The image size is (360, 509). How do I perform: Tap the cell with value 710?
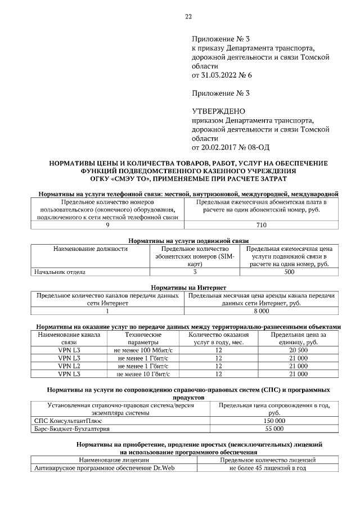(x=264, y=224)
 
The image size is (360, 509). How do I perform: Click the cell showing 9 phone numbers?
(x=107, y=224)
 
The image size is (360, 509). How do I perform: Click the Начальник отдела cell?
(x=60, y=272)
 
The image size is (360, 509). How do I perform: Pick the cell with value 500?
(x=289, y=272)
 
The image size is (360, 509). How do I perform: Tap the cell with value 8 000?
(x=262, y=310)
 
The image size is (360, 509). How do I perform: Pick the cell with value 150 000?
(x=274, y=420)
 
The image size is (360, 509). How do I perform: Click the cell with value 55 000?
(x=274, y=428)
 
